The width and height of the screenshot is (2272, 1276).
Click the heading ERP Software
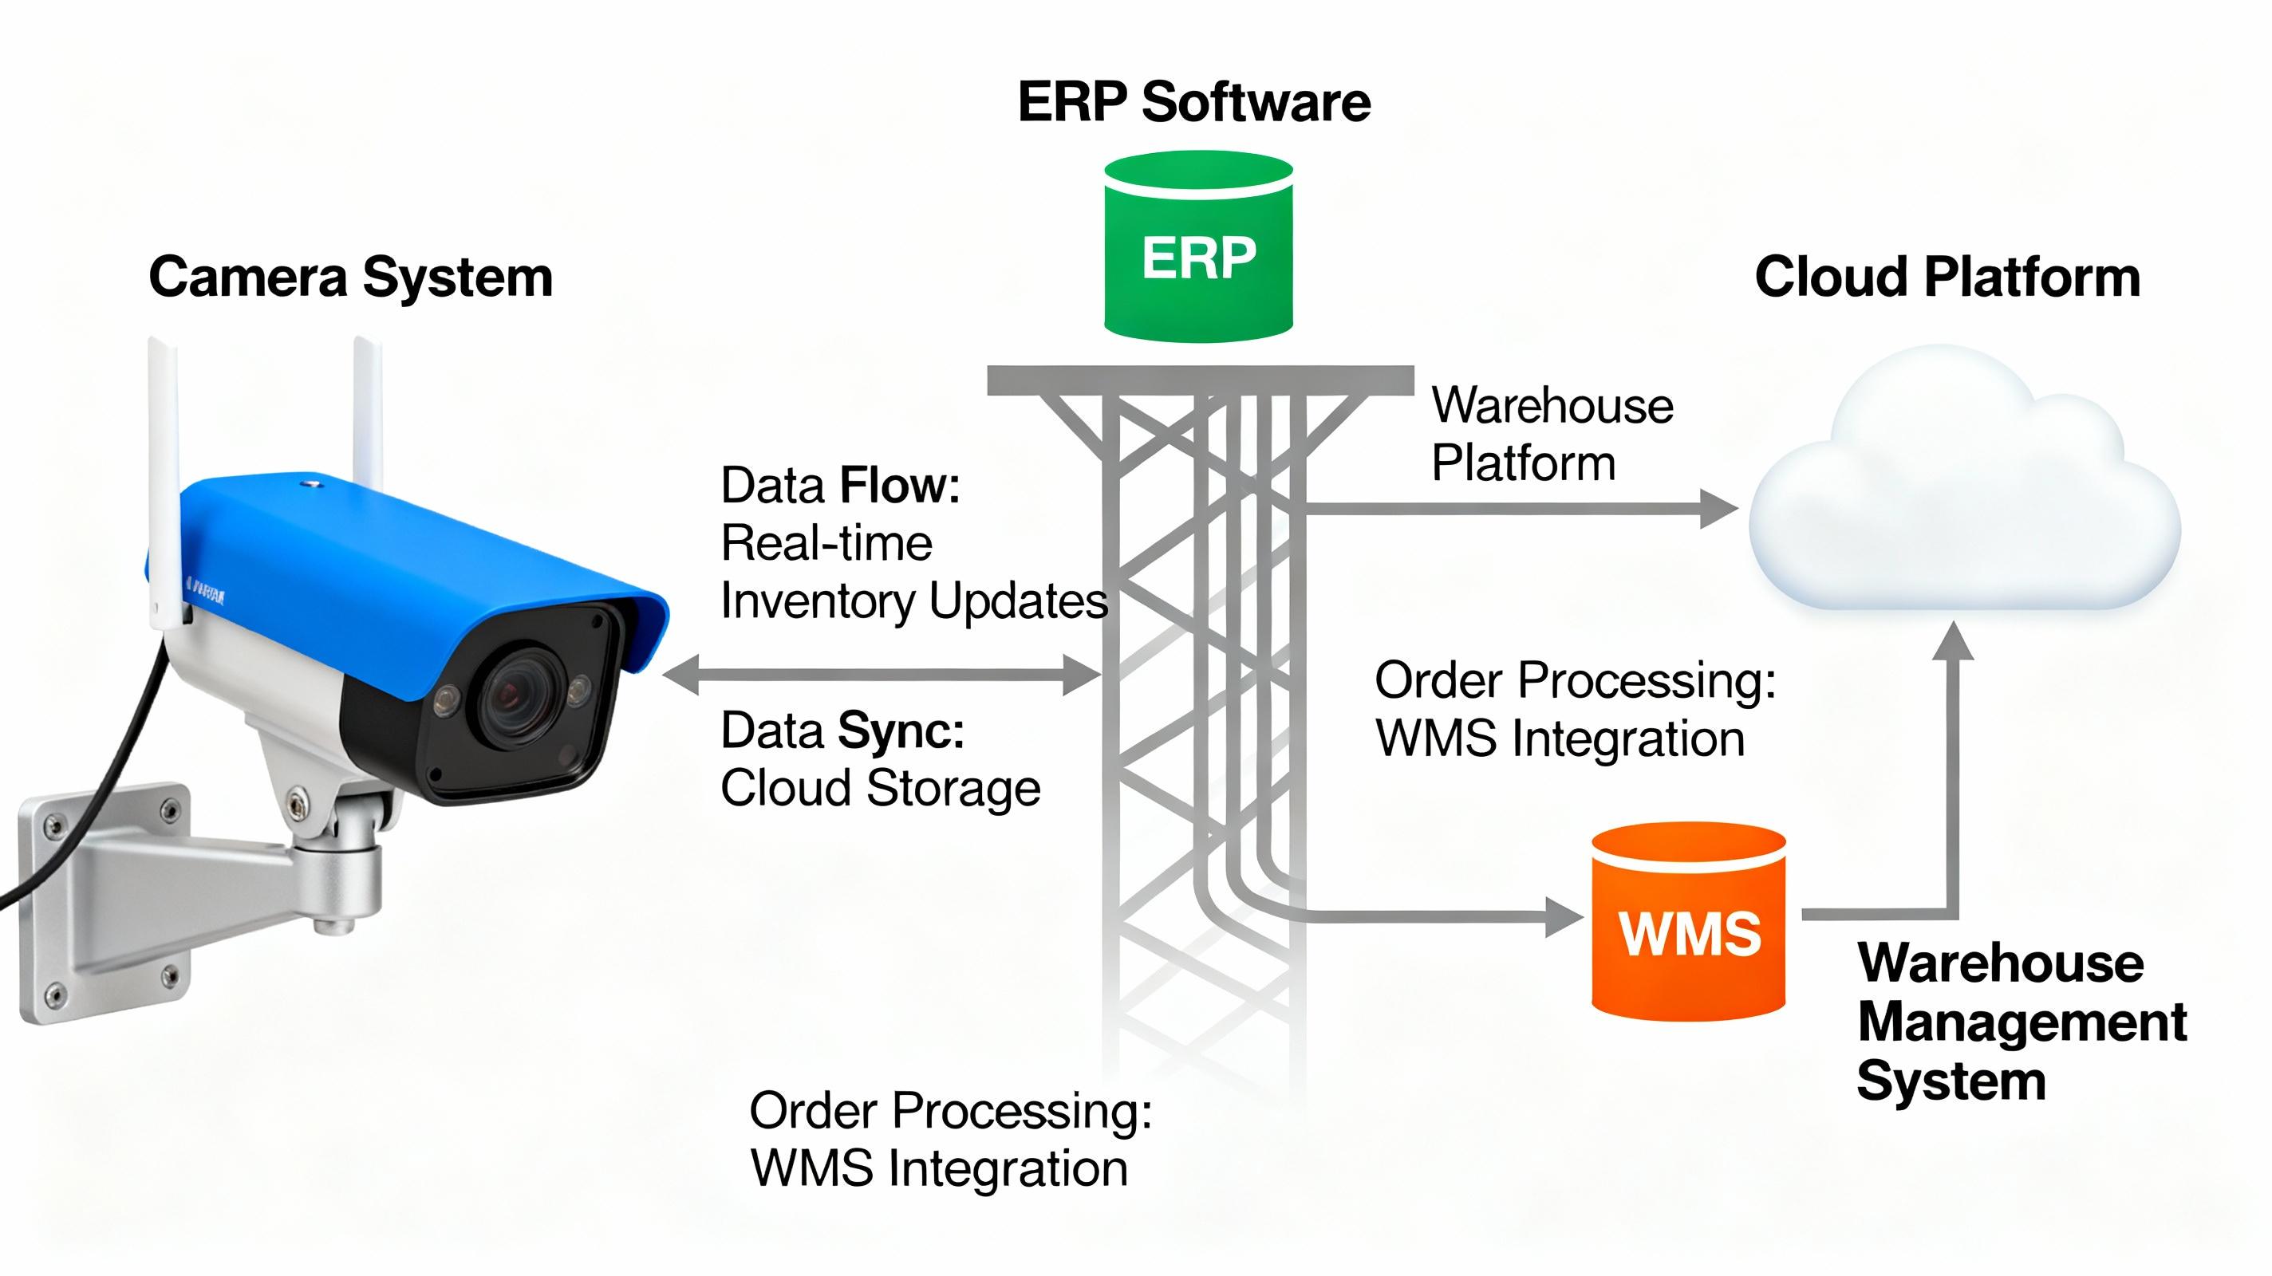[1193, 101]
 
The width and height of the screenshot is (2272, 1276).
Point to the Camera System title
[350, 277]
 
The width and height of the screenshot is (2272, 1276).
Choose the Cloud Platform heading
[1947, 277]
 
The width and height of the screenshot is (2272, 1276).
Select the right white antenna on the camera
[369, 415]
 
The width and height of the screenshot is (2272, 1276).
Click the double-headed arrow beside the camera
[882, 675]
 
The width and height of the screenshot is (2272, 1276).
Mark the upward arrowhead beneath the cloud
[1953, 641]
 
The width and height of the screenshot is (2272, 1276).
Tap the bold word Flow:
[899, 486]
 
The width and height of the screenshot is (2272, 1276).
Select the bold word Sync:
[900, 731]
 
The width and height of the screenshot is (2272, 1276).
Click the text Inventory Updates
[913, 601]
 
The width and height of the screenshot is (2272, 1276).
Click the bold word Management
[2022, 1022]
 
